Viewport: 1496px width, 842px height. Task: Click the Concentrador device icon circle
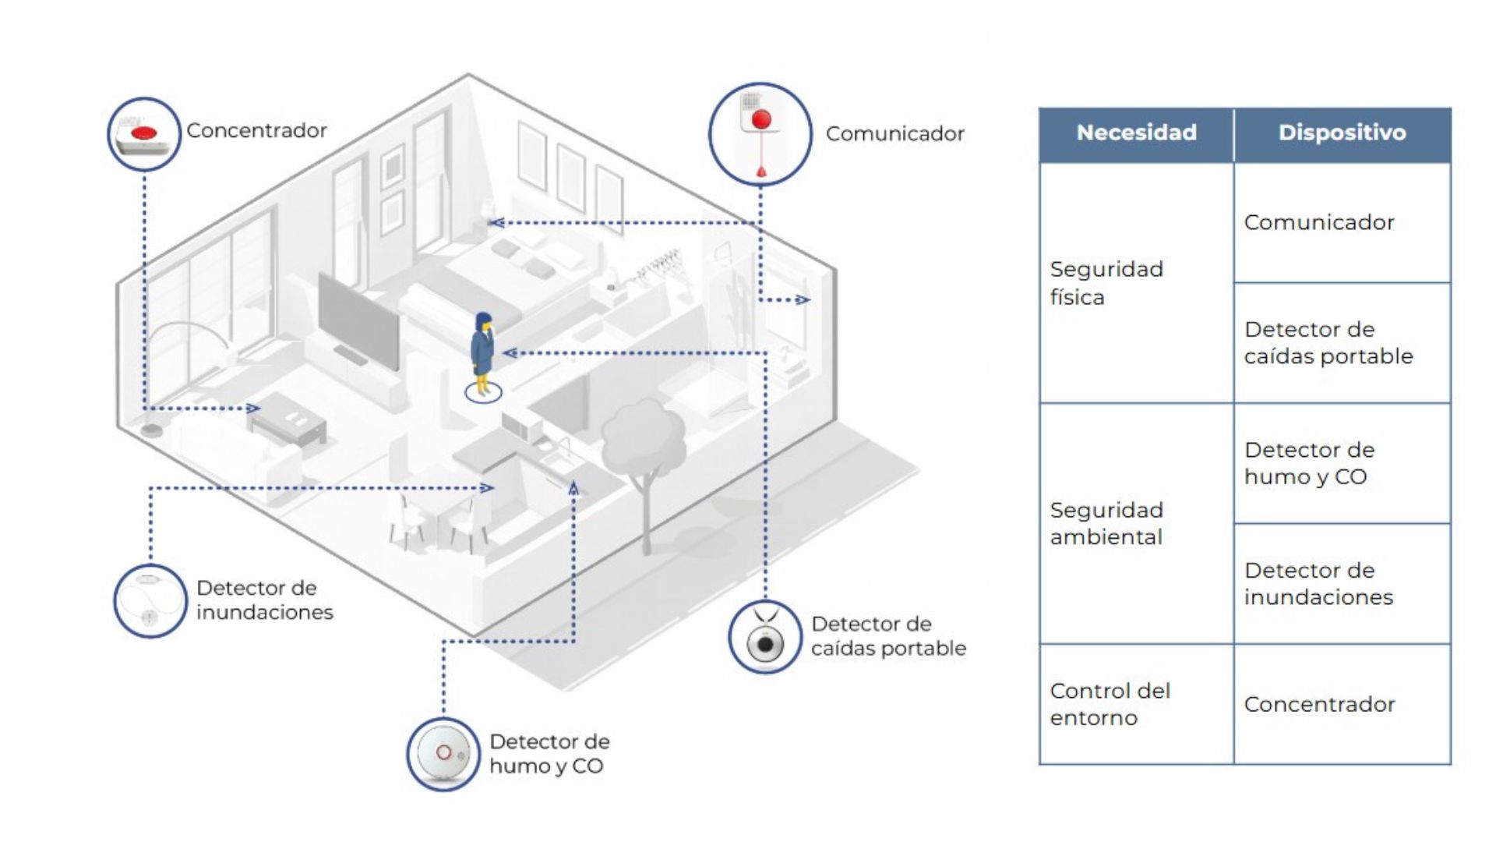click(144, 134)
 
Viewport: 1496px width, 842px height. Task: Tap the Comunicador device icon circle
click(760, 134)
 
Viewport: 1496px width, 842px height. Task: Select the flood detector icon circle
click(150, 601)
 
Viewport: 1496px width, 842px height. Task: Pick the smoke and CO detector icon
click(443, 754)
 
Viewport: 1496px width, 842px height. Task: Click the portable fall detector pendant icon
click(764, 637)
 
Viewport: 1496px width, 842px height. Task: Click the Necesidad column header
click(1136, 133)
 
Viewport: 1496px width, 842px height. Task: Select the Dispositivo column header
click(1342, 133)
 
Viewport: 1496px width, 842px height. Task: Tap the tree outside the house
click(643, 460)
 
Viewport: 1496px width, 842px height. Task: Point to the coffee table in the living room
click(288, 422)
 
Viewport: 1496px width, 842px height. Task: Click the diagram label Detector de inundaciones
click(264, 600)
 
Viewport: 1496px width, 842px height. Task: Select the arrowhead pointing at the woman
click(510, 353)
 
